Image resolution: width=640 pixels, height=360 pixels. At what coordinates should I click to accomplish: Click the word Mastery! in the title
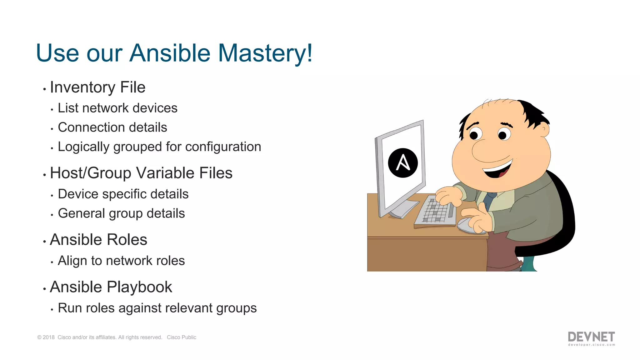point(265,53)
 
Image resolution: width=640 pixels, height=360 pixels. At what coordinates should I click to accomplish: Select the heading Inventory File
point(97,87)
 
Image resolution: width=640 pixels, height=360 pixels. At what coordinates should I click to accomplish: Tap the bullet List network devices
point(117,108)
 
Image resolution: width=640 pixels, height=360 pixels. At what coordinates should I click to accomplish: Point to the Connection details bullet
point(112,127)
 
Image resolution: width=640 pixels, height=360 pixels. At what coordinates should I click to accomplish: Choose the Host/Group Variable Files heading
point(141,173)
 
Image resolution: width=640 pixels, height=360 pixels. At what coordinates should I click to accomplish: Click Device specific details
point(123,194)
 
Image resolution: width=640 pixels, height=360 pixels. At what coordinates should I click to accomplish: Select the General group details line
point(121,213)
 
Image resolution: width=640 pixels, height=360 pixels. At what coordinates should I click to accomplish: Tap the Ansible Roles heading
point(98,240)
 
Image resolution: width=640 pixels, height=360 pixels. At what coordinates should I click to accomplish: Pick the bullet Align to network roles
point(121,261)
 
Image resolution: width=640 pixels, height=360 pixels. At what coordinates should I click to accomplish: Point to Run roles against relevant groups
point(157,308)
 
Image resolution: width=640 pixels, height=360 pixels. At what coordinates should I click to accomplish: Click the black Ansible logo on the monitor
point(403,163)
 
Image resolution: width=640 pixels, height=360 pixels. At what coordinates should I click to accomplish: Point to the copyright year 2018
point(48,337)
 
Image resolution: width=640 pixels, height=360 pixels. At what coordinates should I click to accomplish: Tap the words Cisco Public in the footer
point(181,337)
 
